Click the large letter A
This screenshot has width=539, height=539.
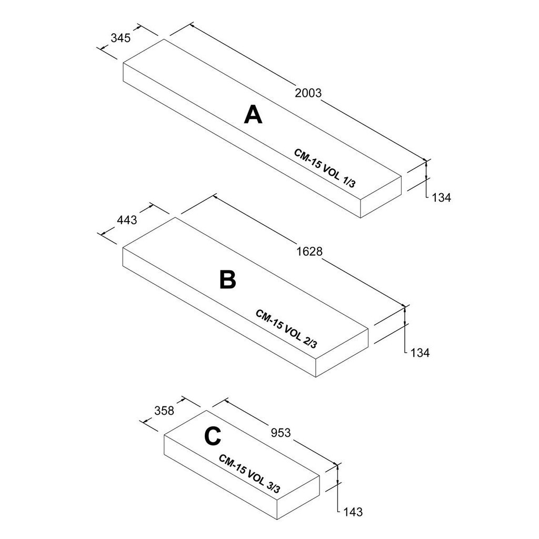253,115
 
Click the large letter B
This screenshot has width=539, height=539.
227,280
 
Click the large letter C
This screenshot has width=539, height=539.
212,436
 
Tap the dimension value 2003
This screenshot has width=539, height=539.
308,93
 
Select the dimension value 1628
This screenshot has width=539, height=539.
308,252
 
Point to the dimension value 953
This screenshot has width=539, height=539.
281,433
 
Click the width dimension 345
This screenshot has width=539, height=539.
121,37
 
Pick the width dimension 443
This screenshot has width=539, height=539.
127,219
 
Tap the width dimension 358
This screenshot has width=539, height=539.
164,411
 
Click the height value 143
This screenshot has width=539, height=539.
353,512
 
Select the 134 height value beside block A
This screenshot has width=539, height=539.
442,198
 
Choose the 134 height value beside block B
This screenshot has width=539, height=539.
420,353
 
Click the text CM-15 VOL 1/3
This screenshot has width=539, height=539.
325,168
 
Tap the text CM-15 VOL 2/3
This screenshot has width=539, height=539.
286,328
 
